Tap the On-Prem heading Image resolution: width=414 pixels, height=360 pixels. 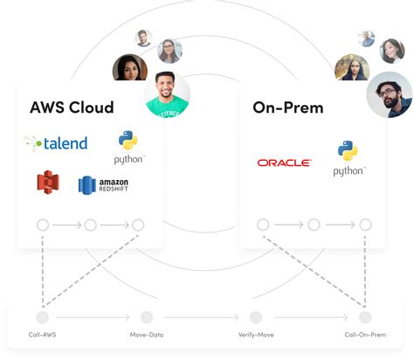[288, 107]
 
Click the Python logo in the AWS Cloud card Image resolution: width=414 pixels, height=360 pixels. [129, 147]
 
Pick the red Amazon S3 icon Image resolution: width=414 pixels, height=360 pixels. [48, 183]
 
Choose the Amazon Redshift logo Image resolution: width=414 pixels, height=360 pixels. [104, 184]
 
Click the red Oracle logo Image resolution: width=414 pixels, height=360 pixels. [285, 163]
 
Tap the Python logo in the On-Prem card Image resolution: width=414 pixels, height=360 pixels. [348, 156]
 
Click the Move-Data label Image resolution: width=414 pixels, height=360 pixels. [146, 335]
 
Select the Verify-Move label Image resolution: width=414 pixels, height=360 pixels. [256, 335]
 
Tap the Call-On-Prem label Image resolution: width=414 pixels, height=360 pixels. [364, 335]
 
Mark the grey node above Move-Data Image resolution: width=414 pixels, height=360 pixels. [147, 316]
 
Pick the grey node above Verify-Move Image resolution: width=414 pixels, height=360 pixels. [256, 316]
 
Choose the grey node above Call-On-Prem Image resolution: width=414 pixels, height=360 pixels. [365, 316]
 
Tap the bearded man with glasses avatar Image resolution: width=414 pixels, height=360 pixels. [389, 94]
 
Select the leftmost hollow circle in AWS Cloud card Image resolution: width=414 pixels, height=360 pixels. [43, 225]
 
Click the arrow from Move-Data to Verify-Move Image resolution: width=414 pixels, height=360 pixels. [201, 316]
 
